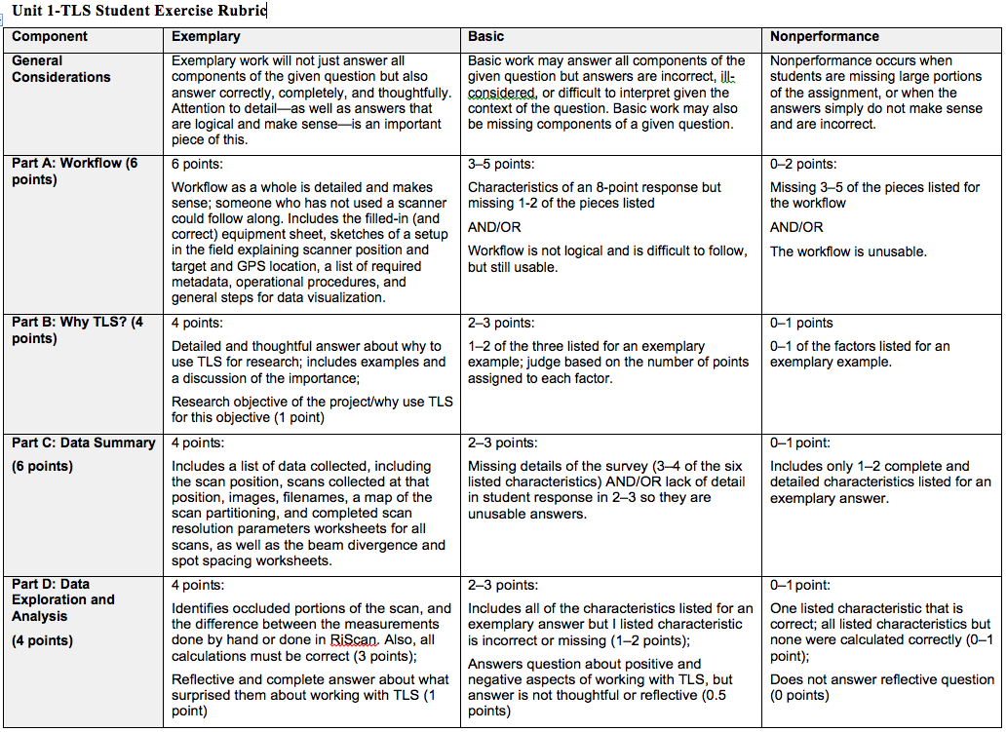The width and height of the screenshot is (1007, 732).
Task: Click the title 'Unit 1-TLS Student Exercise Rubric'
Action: tap(138, 12)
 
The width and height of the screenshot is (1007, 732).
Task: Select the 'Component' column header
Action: tap(50, 36)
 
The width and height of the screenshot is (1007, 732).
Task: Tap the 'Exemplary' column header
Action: tap(206, 36)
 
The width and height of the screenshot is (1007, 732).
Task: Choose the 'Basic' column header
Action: tap(486, 36)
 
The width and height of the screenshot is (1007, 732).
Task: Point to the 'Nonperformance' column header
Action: tap(825, 36)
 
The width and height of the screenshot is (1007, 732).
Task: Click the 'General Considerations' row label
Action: tap(60, 68)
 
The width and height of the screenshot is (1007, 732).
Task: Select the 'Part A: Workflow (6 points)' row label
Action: tap(75, 172)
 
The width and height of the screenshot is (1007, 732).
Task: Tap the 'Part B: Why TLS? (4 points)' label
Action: tap(76, 330)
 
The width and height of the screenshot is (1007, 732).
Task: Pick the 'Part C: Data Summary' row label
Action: tap(83, 443)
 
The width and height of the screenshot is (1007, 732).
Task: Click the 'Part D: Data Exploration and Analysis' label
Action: tap(62, 599)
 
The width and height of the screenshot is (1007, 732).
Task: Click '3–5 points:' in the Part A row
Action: tap(501, 164)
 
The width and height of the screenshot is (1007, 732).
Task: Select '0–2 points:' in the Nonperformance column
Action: tap(803, 164)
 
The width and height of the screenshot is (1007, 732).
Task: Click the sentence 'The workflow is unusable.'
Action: tap(848, 251)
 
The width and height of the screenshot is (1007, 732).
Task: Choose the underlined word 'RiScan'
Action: tap(351, 639)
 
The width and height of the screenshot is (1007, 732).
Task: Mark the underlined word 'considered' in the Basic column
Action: tap(501, 93)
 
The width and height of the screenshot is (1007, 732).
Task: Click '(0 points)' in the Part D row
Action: tap(800, 695)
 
